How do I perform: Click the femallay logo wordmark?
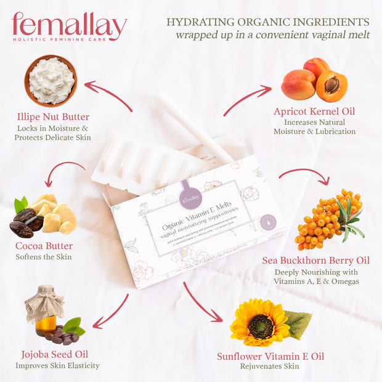[69, 26]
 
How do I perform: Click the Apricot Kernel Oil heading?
[314, 112]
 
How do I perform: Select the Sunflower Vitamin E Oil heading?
[270, 356]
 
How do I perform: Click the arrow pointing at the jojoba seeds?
[111, 312]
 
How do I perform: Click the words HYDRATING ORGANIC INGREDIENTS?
[268, 22]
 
